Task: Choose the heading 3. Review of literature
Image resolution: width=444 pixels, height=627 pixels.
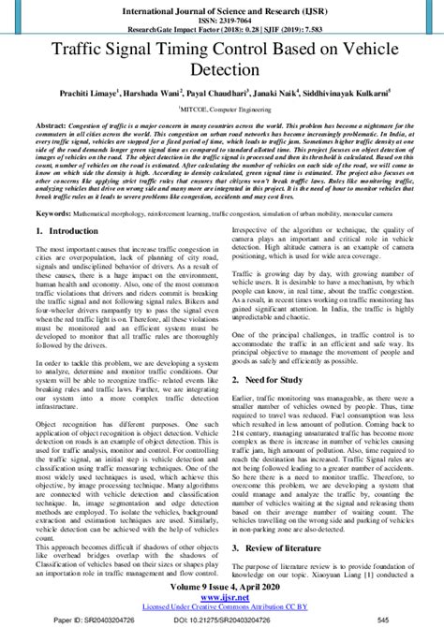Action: tap(283, 545)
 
